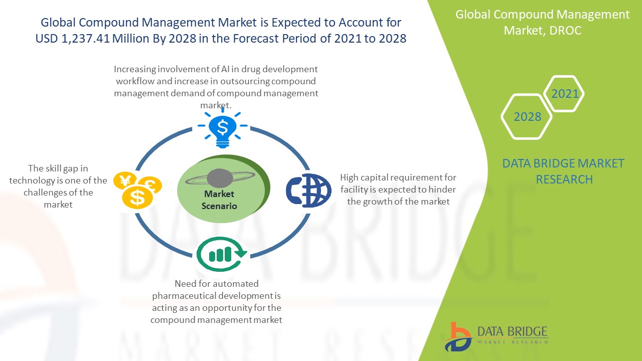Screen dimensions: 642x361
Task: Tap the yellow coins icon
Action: (137, 190)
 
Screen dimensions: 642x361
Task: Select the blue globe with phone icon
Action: (308, 190)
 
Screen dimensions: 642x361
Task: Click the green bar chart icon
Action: (222, 254)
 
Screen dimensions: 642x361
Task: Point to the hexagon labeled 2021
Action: (564, 93)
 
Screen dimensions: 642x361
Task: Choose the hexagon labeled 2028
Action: (527, 117)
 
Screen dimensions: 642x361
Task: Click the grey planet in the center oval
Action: (220, 178)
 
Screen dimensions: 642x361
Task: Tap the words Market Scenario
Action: (219, 200)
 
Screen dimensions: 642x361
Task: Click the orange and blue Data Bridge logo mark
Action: (458, 337)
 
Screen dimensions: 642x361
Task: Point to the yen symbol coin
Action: (125, 180)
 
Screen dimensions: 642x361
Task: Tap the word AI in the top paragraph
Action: (225, 69)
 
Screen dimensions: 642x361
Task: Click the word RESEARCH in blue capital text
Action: (564, 179)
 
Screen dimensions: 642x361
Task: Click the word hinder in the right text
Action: (442, 190)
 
